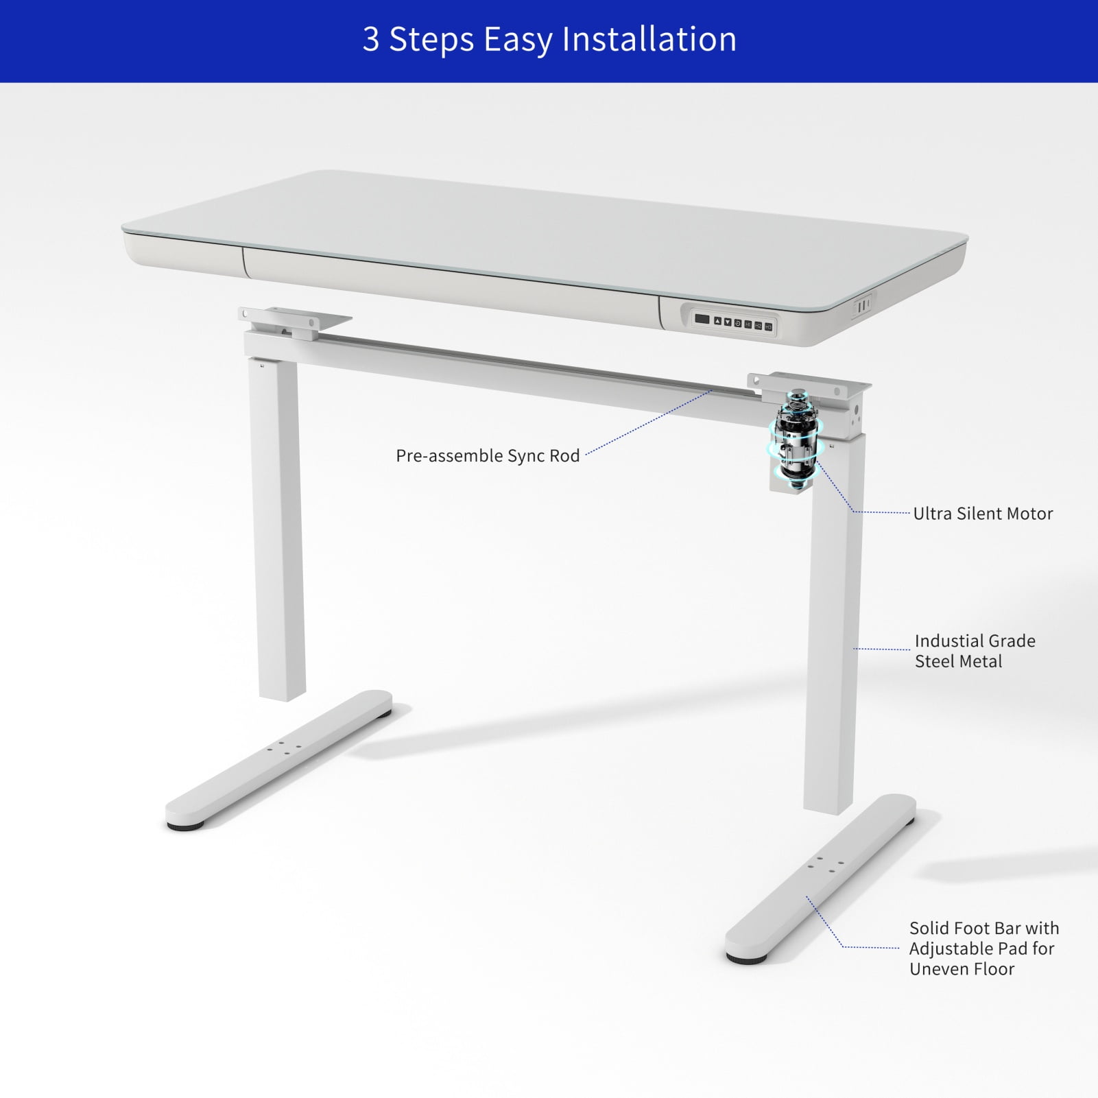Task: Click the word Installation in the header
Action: click(649, 39)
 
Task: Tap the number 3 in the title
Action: click(371, 39)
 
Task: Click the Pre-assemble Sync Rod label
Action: click(488, 456)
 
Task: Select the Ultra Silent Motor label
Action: click(982, 514)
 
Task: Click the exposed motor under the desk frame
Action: click(796, 439)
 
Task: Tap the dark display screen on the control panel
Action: click(702, 318)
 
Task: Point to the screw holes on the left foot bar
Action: click(284, 748)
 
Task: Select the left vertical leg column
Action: click(278, 528)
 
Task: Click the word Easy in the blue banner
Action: click(519, 39)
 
